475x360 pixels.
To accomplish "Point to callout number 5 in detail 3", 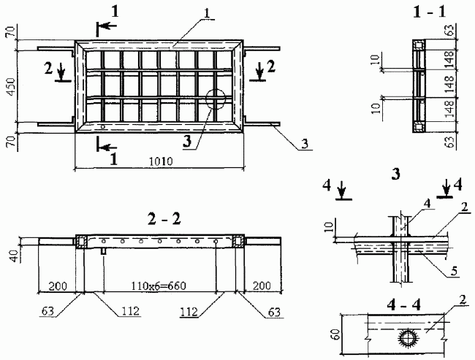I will tap(454, 272).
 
